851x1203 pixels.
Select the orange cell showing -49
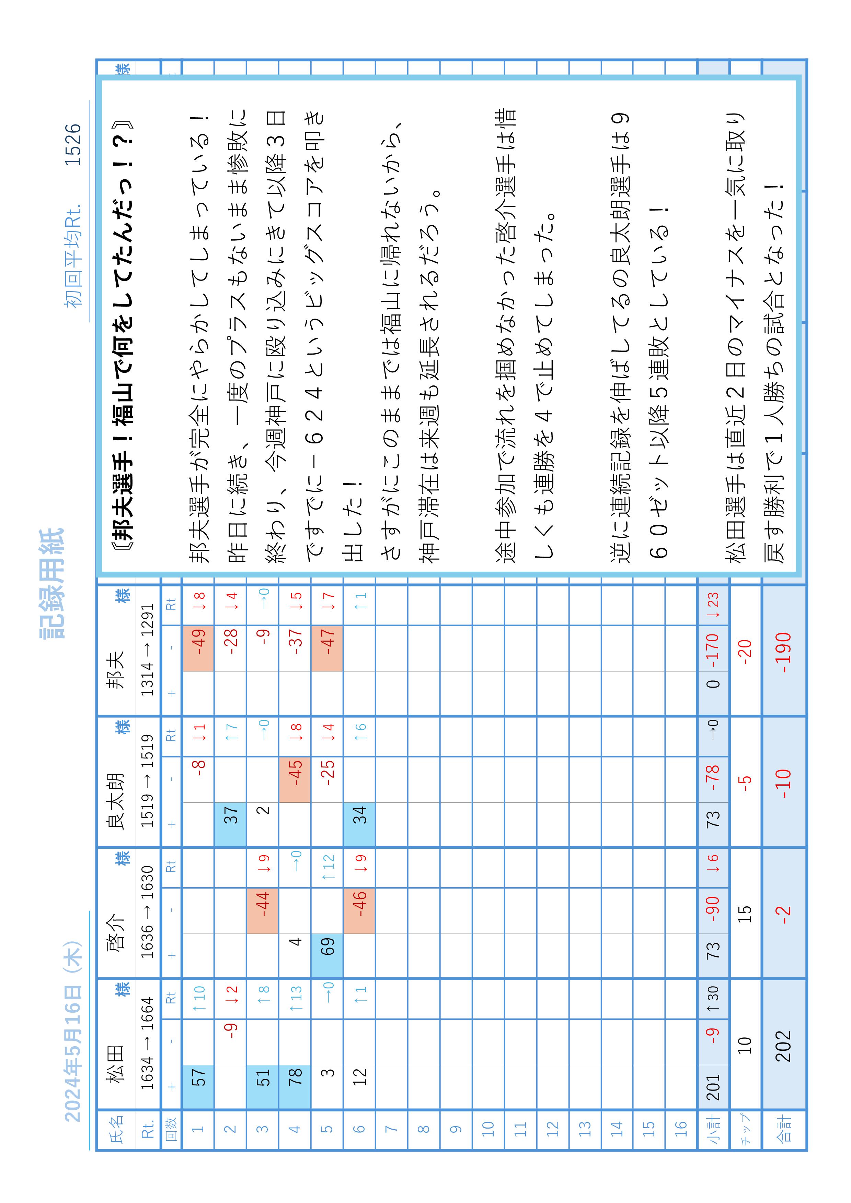tap(198, 648)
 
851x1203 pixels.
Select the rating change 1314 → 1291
tap(148, 650)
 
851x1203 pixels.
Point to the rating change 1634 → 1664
tap(148, 1044)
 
